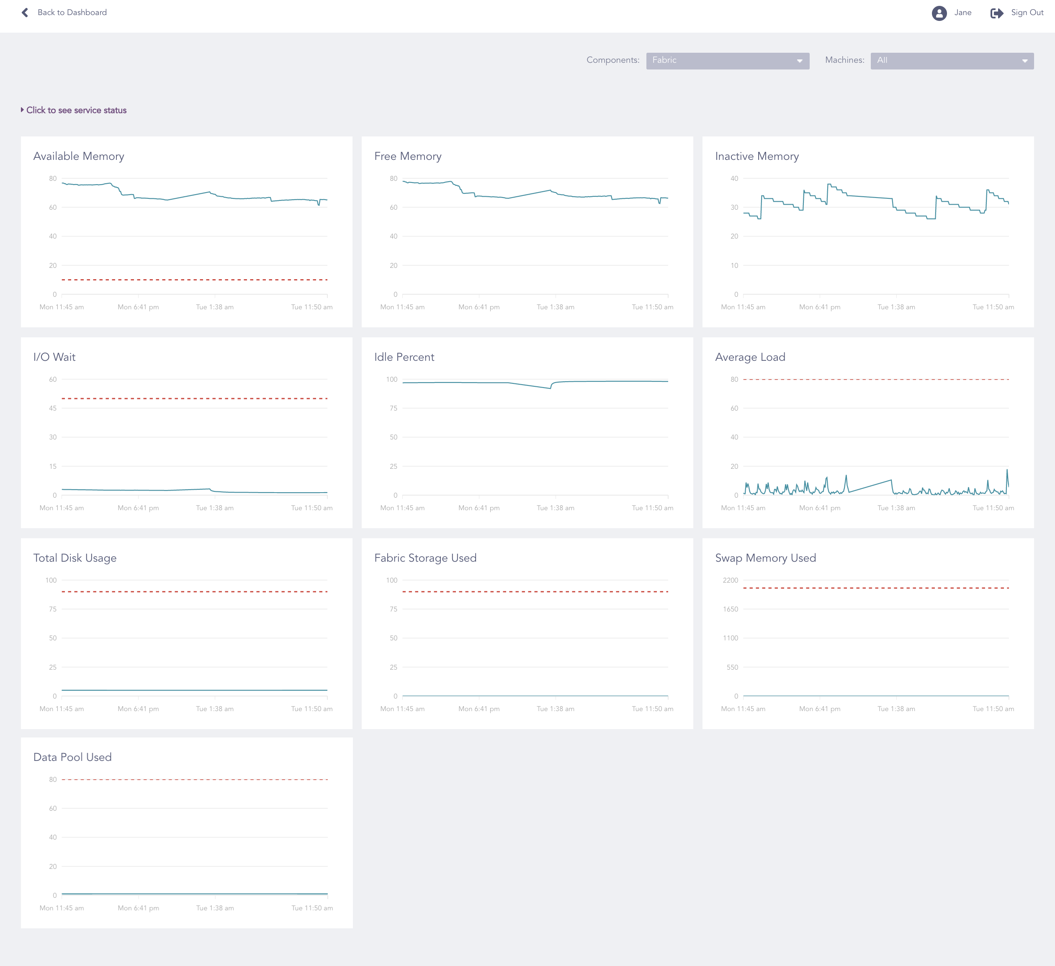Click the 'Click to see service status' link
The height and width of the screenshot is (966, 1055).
pyautogui.click(x=76, y=110)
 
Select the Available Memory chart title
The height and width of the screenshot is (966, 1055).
pyautogui.click(x=79, y=157)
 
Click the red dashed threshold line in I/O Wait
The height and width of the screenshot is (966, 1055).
pyautogui.click(x=195, y=399)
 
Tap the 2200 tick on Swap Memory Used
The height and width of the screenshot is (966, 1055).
pyautogui.click(x=730, y=581)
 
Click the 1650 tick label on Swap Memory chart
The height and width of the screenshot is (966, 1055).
pyautogui.click(x=730, y=609)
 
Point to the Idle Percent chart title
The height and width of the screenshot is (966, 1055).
pyautogui.click(x=404, y=357)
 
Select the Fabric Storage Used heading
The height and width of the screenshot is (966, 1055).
pyautogui.click(x=425, y=558)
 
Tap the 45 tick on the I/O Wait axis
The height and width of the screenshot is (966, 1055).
pyautogui.click(x=53, y=408)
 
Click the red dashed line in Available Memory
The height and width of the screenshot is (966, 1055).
pyautogui.click(x=195, y=280)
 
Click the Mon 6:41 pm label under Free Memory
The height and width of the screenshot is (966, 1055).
pyautogui.click(x=479, y=307)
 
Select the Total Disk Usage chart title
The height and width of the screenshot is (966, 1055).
pyautogui.click(x=75, y=558)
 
